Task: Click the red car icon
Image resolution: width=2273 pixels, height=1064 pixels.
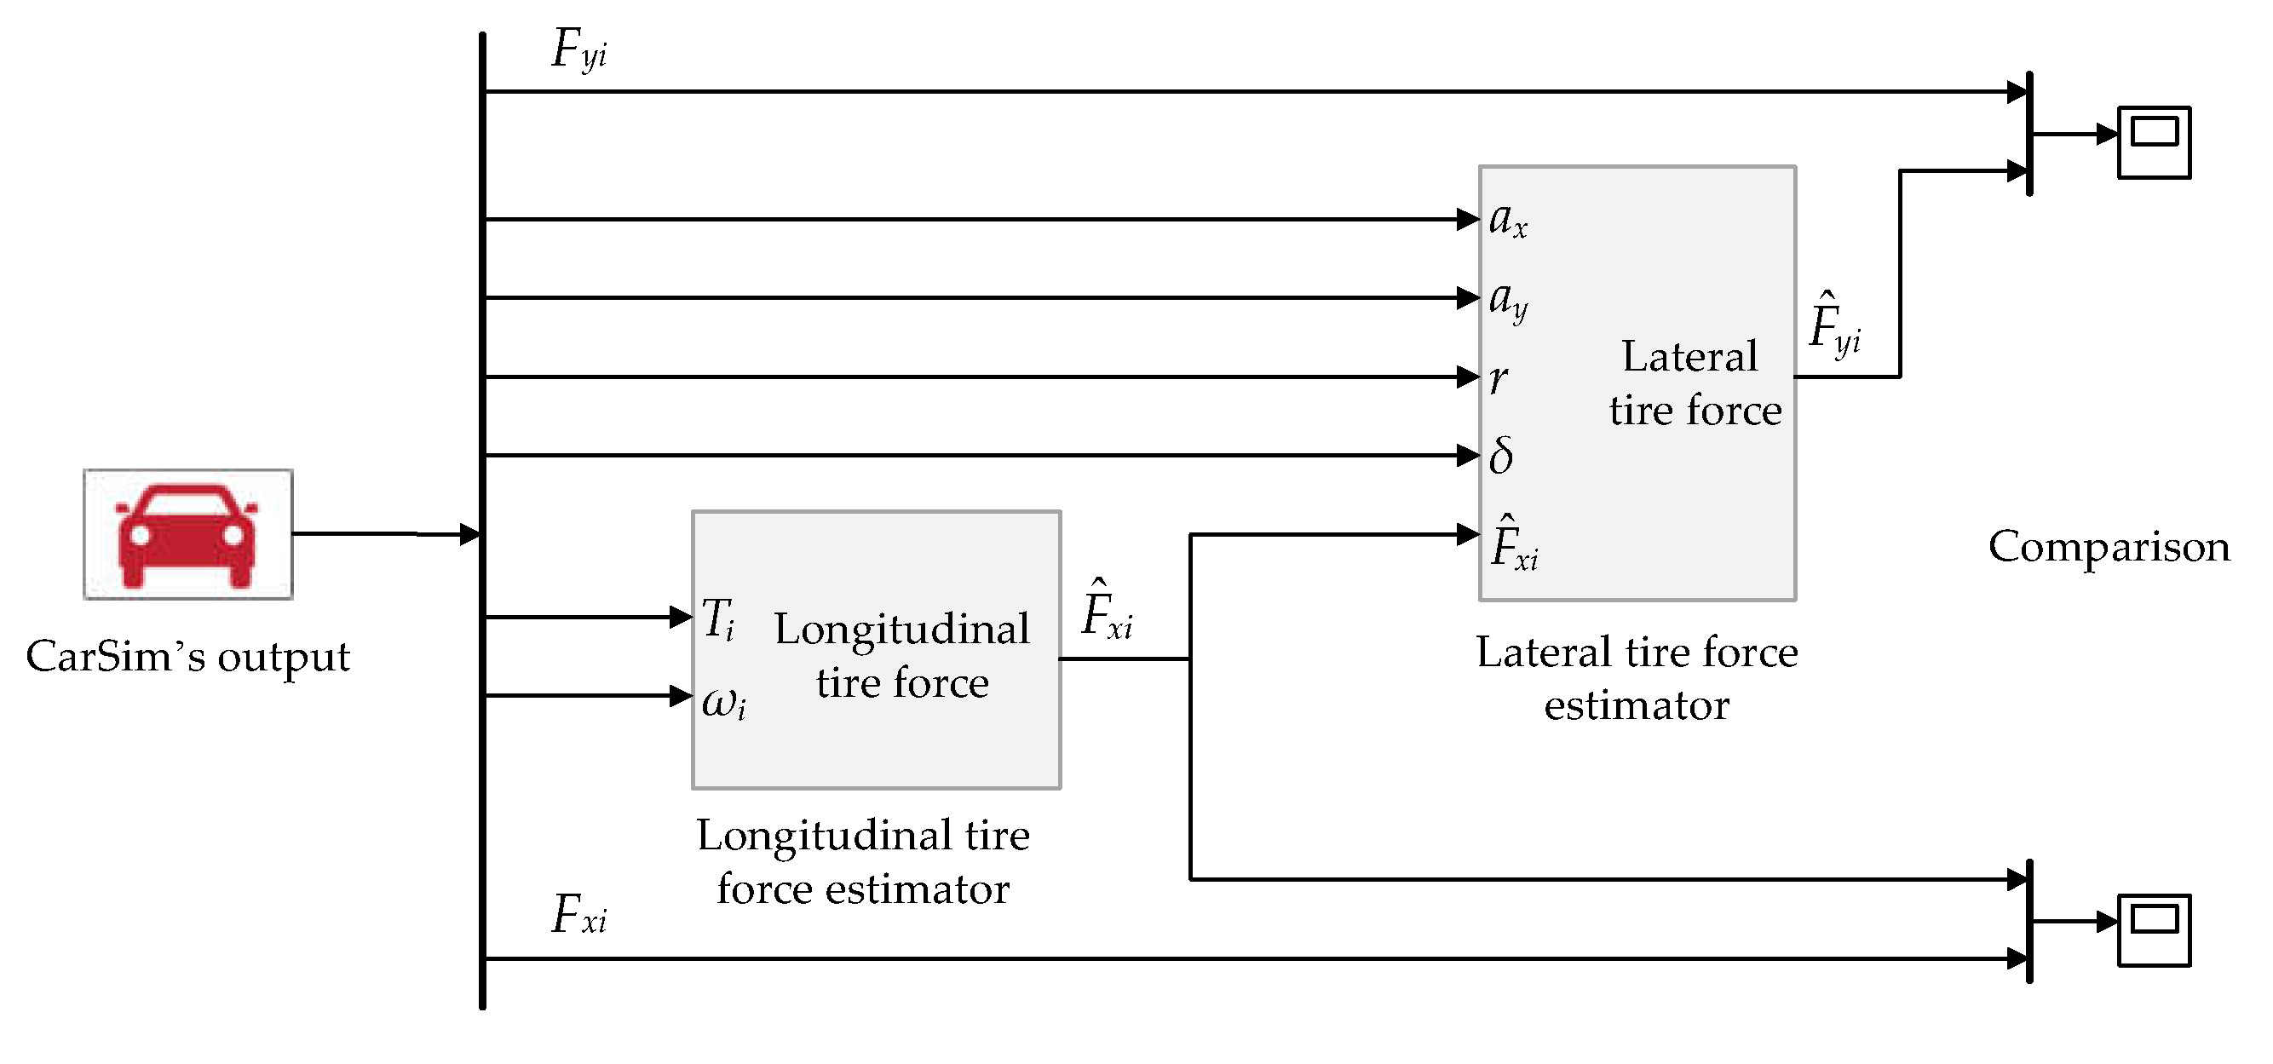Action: (x=187, y=535)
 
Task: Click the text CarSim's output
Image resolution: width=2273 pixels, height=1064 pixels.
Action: (x=187, y=657)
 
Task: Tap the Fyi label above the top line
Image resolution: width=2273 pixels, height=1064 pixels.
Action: (x=578, y=49)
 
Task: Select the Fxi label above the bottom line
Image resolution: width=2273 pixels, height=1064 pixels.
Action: (x=578, y=915)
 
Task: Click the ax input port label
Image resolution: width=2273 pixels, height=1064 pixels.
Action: (x=1507, y=219)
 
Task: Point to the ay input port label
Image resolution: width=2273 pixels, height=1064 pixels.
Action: (x=1507, y=300)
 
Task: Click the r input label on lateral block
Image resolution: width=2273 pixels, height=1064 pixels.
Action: (x=1499, y=378)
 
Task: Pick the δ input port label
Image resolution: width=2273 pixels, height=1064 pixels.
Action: (x=1501, y=456)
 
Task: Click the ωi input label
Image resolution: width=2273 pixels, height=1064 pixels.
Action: (x=723, y=703)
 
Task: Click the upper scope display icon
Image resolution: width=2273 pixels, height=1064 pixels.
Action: (x=2154, y=142)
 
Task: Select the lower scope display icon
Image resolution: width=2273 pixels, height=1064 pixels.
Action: (x=2154, y=930)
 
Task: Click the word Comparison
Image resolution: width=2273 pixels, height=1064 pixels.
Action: (x=2108, y=546)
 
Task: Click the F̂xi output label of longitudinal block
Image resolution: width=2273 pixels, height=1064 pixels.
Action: (x=1107, y=611)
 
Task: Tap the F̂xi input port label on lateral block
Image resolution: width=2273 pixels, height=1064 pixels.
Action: (x=1513, y=544)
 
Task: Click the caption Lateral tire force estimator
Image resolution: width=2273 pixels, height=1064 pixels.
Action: (x=1636, y=677)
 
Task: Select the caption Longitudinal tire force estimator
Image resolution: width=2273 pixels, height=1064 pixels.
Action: (x=862, y=861)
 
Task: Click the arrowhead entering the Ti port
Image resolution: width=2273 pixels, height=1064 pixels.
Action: (x=682, y=617)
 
